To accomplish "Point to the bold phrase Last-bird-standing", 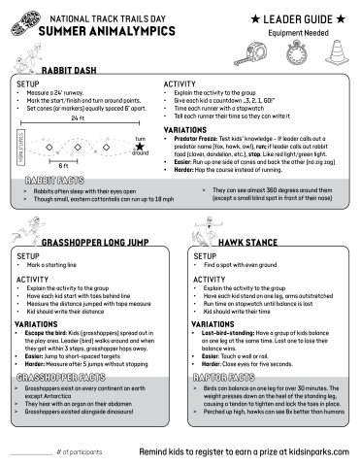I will tap(230, 332).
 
